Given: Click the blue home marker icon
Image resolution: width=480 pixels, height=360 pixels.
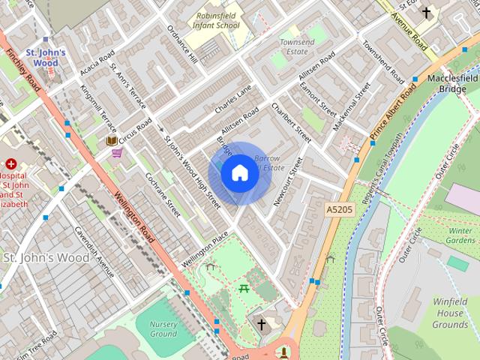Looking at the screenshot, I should pos(239,173).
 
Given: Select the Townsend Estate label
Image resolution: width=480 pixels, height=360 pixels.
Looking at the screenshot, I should pos(297,47).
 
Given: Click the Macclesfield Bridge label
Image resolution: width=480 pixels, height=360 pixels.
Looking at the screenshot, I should pos(452,83).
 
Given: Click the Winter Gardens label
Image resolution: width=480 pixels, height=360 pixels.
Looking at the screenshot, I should pos(460,235).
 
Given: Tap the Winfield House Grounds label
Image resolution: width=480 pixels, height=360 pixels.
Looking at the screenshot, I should pos(450,313).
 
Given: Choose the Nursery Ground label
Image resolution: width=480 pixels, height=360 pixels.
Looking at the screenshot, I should pos(163,328).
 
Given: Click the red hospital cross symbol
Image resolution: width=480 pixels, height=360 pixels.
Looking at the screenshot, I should pos(11,163).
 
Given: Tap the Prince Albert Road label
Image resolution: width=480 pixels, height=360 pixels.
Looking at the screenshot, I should pos(392,112).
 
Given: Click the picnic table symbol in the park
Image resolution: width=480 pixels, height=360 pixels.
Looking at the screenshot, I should pos(244,288).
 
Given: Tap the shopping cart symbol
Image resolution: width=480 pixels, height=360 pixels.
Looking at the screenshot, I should pos(117,153).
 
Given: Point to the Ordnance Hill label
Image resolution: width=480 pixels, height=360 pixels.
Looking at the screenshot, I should pos(181,46).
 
